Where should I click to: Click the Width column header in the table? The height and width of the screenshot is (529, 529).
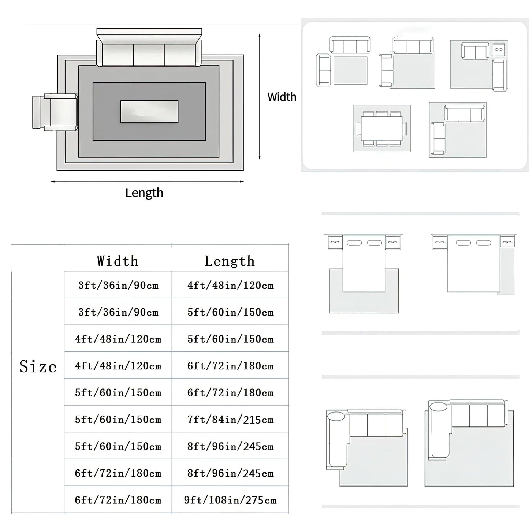(x=118, y=261)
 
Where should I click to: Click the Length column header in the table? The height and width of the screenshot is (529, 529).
(x=230, y=261)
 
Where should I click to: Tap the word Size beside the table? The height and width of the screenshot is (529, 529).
(x=38, y=366)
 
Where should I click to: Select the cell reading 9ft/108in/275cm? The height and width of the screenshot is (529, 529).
(x=230, y=500)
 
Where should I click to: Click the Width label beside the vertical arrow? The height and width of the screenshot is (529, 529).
(x=282, y=97)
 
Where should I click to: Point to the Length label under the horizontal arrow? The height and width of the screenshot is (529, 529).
(x=144, y=193)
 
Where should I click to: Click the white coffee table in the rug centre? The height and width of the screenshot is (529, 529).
(x=149, y=111)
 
